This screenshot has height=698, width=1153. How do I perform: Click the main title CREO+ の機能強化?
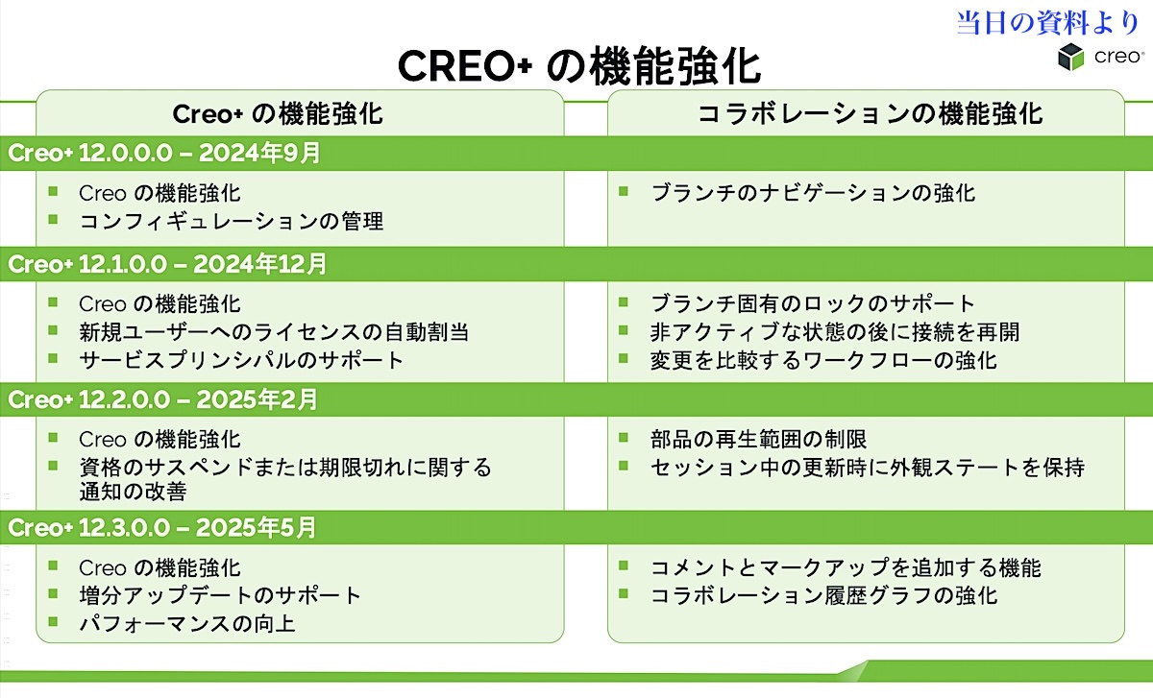point(579,66)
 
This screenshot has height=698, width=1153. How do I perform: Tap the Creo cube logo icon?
point(1070,57)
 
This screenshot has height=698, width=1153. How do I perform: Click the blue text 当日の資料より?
point(1047,23)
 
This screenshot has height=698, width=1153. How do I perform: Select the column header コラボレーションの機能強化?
point(870,113)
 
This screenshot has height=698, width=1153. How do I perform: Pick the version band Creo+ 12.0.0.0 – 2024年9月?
point(164,153)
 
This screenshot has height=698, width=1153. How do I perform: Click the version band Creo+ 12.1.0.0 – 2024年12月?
point(167,264)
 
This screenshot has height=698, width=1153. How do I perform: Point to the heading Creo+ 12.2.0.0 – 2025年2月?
point(162,399)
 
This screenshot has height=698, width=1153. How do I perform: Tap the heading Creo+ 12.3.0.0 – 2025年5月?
point(161,527)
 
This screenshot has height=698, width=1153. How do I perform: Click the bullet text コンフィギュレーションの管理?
point(232,221)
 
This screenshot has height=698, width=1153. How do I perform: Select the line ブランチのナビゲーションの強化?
point(813,193)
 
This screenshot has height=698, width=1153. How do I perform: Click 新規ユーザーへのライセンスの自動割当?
point(274,332)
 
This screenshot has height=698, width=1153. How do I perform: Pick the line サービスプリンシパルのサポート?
point(241,360)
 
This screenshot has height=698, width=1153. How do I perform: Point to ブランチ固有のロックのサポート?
point(812,303)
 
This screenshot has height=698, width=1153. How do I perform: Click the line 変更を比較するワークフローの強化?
point(823,360)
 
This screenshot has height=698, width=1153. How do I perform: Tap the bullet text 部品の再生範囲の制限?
point(759,440)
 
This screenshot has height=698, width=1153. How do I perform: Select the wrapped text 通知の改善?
point(133,492)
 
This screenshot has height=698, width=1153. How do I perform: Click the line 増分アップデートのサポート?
point(220,595)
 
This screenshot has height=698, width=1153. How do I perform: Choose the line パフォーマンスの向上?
point(187,624)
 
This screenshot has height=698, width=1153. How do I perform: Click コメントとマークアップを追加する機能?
point(846,567)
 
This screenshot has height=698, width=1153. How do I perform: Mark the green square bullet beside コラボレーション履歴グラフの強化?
point(624,593)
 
